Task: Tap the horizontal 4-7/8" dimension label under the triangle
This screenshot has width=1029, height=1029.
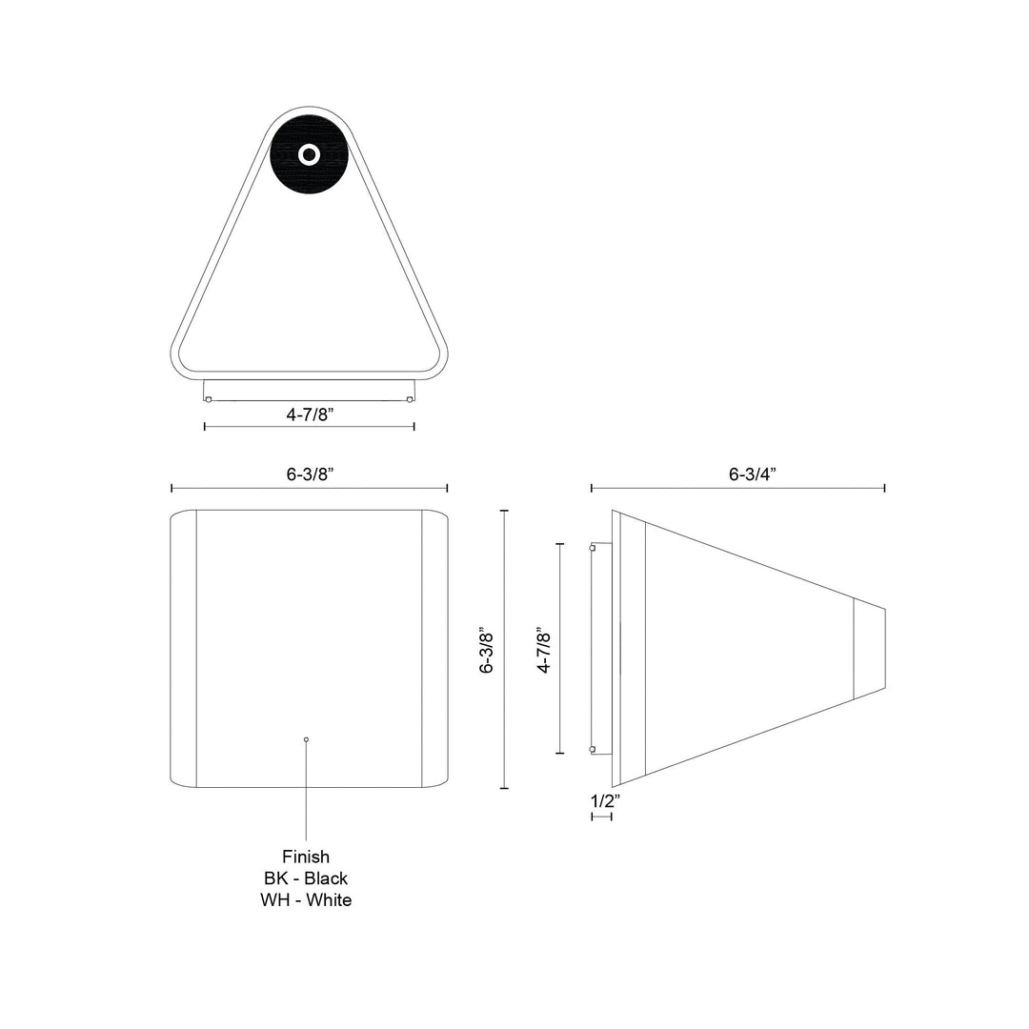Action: pos(309,414)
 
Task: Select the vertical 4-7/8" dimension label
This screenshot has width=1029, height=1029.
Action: pos(544,650)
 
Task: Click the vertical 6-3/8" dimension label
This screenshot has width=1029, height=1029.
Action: pos(487,650)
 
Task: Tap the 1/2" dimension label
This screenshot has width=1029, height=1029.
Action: pos(605,801)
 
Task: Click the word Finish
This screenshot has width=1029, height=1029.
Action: pos(306,857)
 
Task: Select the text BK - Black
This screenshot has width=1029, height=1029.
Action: pos(306,878)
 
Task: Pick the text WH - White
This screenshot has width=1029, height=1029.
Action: pos(306,900)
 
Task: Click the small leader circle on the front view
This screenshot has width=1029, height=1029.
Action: pos(306,739)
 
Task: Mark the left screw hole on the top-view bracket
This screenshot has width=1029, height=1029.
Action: pos(209,399)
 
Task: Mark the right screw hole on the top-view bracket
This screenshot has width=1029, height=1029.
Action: pos(410,399)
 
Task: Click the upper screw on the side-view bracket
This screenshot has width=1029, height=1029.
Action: pos(594,548)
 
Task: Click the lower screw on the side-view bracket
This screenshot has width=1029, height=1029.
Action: pos(594,750)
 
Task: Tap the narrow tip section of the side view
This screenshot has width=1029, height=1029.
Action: pos(869,649)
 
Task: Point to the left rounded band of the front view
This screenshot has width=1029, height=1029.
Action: pos(183,649)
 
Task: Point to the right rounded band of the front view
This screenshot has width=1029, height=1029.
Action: pos(434,649)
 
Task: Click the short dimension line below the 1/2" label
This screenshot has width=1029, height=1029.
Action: pos(601,817)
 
